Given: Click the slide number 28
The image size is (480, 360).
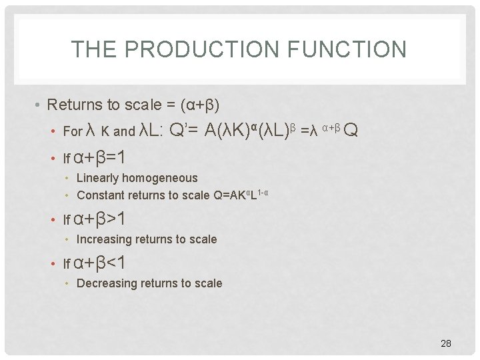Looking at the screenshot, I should click(x=446, y=343).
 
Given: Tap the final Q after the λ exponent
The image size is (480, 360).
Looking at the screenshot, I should click(x=351, y=130).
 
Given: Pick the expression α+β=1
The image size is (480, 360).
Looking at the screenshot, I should click(x=100, y=158).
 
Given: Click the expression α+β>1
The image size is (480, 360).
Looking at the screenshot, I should click(x=100, y=219).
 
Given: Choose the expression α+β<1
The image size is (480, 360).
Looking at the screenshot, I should click(x=100, y=263).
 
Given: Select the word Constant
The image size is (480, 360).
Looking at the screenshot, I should click(x=102, y=195).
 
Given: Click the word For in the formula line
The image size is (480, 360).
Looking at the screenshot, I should click(x=72, y=132).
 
